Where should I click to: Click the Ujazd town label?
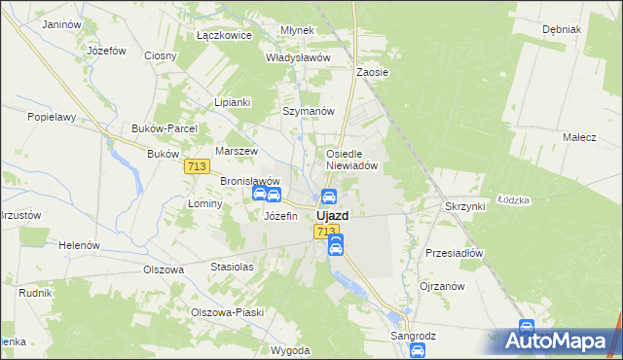click(x=333, y=216)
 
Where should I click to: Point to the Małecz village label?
click(x=578, y=137)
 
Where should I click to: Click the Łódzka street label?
click(x=513, y=200)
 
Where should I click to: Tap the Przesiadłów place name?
click(x=455, y=253)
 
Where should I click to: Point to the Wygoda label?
click(x=291, y=349)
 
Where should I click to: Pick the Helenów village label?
click(x=79, y=245)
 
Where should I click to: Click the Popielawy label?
click(x=53, y=117)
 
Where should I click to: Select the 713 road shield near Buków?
click(x=196, y=167)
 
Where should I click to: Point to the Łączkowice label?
click(x=224, y=35)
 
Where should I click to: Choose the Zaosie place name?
click(x=373, y=72)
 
